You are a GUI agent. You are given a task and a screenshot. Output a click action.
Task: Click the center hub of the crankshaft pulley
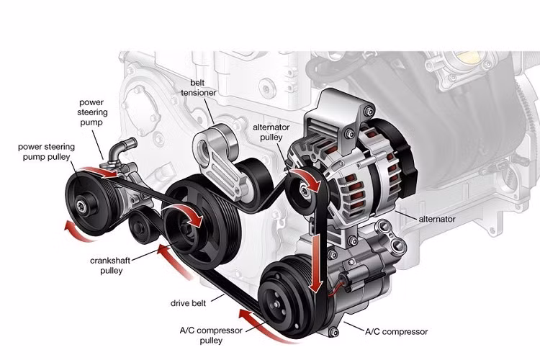(x=193, y=223)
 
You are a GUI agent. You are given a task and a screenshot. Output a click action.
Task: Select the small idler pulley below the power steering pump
(x=141, y=229)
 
